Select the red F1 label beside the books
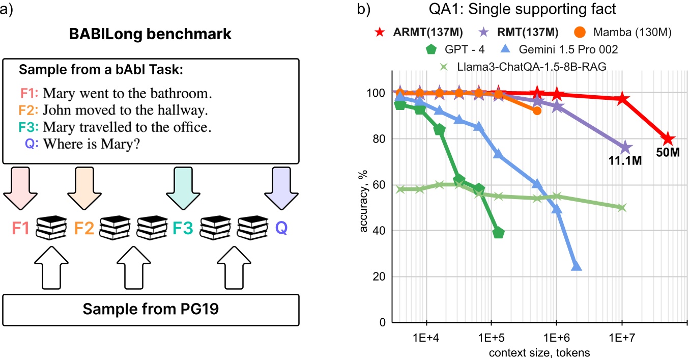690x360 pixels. pos(21,228)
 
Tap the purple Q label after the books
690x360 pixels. pos(281,228)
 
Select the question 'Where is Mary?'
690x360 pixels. pos(92,144)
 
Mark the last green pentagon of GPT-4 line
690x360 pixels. pos(499,233)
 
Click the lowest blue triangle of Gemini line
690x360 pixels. pos(576,266)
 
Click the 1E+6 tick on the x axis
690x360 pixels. pos(557,338)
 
